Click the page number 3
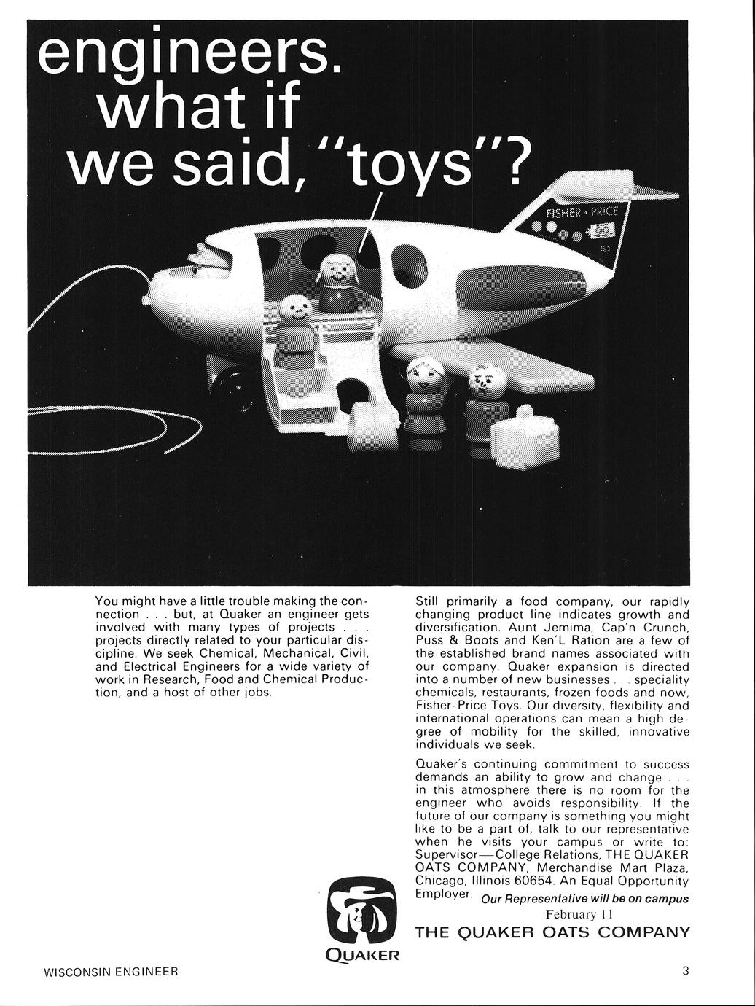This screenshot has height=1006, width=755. coord(685,970)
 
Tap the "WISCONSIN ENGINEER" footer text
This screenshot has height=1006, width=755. coord(112,972)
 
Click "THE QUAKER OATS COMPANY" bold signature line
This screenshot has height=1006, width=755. coord(552,932)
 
